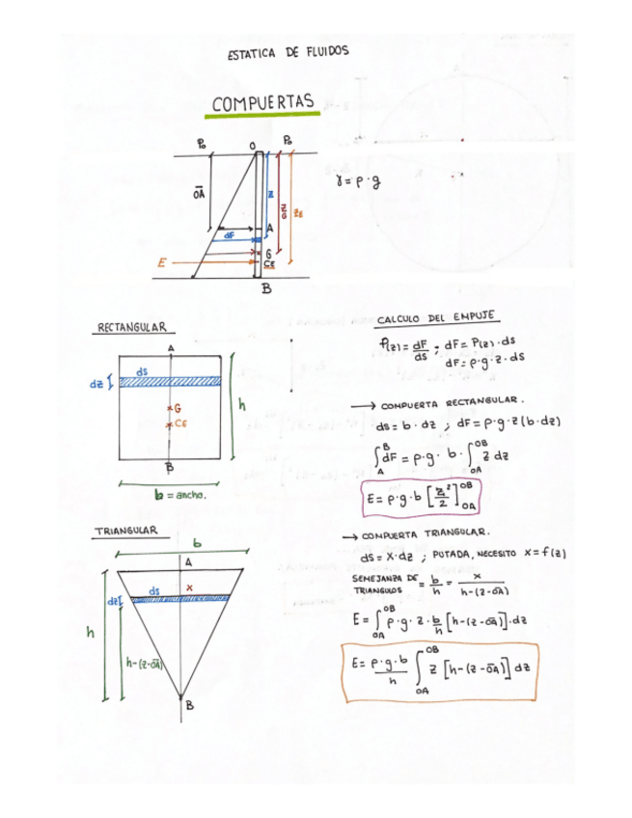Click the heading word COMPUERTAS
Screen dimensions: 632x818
coord(264,103)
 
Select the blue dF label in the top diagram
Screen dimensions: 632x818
coord(229,234)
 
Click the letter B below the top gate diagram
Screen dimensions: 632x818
coord(265,289)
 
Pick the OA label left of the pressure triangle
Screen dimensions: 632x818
coord(199,193)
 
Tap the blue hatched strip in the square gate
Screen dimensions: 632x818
coord(170,382)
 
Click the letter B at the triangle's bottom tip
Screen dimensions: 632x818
coord(190,705)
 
